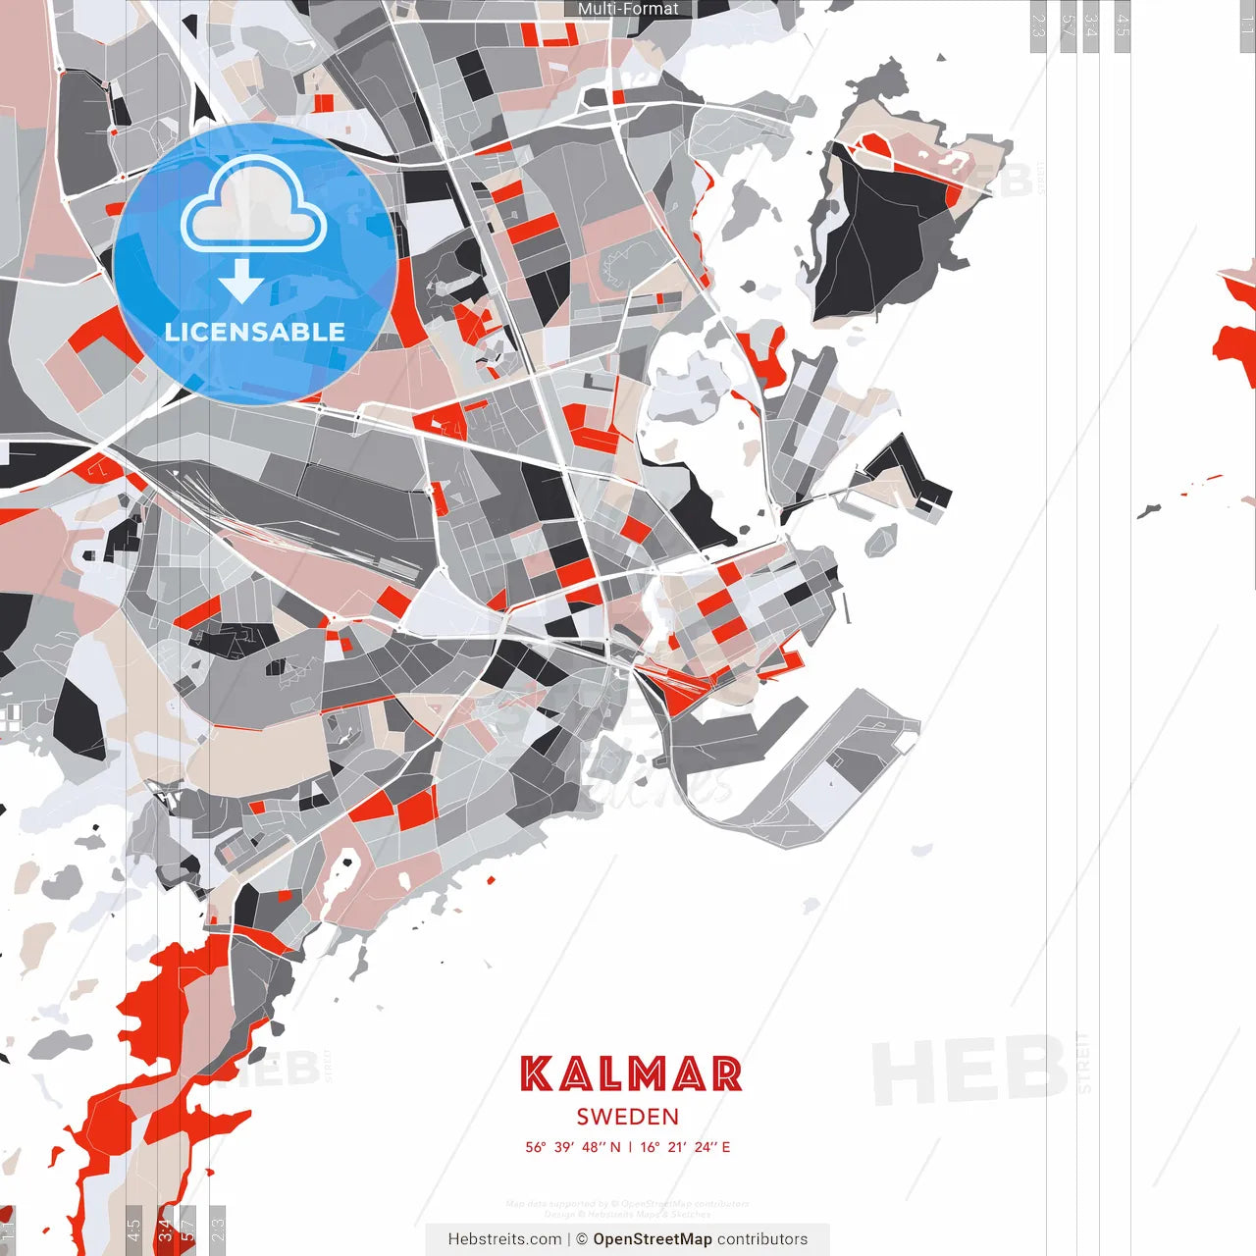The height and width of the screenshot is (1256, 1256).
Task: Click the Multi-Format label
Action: [628, 9]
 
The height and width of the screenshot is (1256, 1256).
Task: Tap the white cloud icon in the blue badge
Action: [253, 208]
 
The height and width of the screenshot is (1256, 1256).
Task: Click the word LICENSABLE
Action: [255, 332]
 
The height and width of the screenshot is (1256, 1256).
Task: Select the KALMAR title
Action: [630, 1074]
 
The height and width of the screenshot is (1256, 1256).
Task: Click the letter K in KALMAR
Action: [537, 1074]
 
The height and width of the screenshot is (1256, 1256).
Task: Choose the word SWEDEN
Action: [628, 1117]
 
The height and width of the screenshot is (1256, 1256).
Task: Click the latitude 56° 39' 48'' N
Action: [573, 1147]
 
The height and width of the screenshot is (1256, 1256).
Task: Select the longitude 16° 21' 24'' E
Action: [686, 1147]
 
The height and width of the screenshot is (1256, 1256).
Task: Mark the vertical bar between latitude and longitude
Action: [630, 1147]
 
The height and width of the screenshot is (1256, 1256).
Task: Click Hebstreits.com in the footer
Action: [504, 1239]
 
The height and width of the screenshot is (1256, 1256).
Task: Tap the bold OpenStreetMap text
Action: [653, 1239]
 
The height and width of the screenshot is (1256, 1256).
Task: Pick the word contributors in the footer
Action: [762, 1239]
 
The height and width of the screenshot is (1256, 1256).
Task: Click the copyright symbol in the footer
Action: [582, 1239]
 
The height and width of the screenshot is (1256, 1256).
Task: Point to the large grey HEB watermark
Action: [969, 1070]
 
